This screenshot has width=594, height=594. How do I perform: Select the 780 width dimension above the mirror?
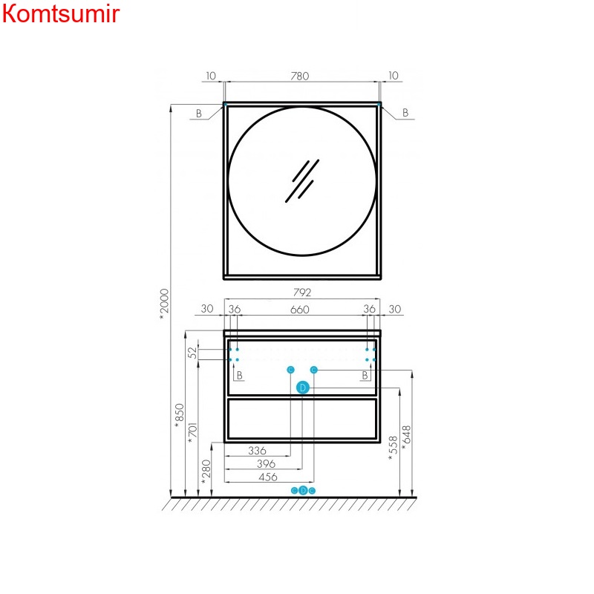300,76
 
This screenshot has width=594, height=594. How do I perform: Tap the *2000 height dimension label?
165,304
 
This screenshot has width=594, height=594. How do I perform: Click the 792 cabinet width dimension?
300,293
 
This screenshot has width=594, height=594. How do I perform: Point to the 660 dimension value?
299,310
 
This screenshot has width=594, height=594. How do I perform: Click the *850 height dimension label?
178,416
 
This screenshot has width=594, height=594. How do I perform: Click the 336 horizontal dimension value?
257,451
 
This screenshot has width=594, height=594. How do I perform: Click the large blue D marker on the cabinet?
302,388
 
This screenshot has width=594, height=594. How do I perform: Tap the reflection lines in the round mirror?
301,180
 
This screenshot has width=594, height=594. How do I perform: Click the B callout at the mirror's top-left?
198,113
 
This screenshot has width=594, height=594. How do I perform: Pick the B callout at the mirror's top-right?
405,113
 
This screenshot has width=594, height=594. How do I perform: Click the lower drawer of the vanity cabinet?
302,420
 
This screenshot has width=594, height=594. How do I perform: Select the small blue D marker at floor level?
303,490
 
